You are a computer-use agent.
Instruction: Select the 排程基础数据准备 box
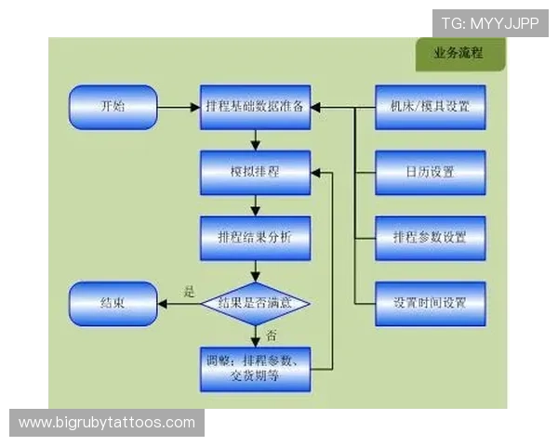coord(255,108)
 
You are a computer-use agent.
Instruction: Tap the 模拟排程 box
coord(255,173)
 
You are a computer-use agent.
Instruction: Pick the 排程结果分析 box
coord(255,238)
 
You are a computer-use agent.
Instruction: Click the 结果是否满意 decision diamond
coord(255,303)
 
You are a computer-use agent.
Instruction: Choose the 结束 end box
coord(113,303)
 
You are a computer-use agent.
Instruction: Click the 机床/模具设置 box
coord(430,108)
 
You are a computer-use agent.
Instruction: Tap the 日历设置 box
coord(430,173)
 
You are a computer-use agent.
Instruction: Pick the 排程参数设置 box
coord(430,238)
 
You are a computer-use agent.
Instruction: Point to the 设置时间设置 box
coord(430,303)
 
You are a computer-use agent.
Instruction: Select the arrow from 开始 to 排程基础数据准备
coord(179,108)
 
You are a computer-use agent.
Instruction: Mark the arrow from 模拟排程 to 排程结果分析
coord(255,205)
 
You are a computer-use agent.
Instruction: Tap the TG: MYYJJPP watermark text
coord(490,23)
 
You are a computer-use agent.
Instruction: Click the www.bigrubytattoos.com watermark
coord(107,423)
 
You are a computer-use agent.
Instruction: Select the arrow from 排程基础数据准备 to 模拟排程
coord(255,140)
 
